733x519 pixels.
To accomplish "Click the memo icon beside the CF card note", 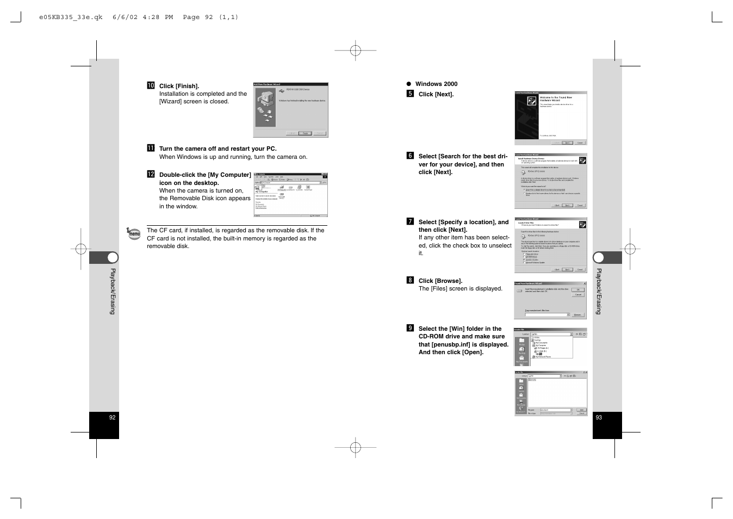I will [x=134, y=234].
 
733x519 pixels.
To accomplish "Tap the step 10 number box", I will [x=151, y=85].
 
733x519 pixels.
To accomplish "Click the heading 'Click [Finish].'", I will [x=179, y=86].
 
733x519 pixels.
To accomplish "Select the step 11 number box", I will [x=151, y=148].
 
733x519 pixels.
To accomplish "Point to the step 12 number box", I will [x=151, y=175].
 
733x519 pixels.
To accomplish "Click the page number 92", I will [x=112, y=418].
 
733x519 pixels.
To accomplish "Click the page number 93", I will [x=599, y=418].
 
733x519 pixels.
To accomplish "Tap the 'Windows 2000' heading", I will [x=436, y=84].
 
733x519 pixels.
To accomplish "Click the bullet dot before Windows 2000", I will [x=409, y=84].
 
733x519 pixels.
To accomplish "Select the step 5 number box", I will [x=410, y=94].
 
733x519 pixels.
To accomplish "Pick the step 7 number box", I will [x=410, y=221].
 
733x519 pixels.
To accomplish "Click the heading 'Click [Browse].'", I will [x=440, y=281].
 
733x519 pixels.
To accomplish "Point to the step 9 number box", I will [x=410, y=328].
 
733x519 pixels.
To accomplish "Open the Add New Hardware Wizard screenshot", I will [x=290, y=110].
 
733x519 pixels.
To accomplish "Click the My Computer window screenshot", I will [x=290, y=195].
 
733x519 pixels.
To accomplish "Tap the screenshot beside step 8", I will [x=550, y=300].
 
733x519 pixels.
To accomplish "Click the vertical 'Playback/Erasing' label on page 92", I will [x=113, y=291].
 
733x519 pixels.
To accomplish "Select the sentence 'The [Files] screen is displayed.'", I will [x=460, y=289].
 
